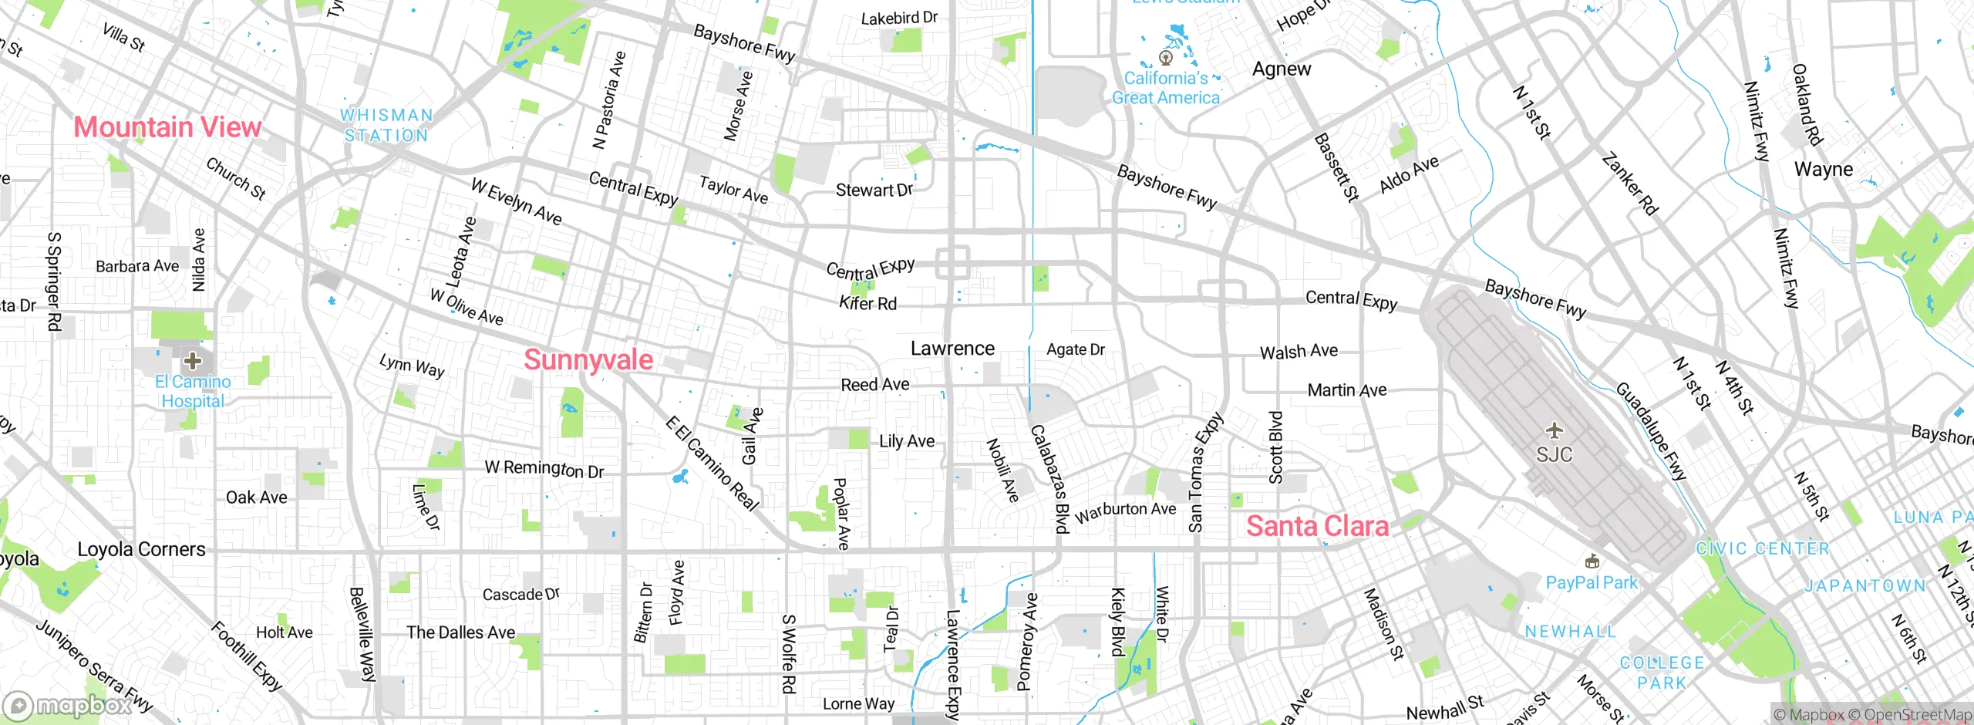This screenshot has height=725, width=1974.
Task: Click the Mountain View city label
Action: [x=167, y=127]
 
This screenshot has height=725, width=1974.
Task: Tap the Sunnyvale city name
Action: [x=588, y=360]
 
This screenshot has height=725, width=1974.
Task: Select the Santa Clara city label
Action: [x=1317, y=527]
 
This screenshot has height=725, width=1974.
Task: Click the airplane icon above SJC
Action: [x=1554, y=430]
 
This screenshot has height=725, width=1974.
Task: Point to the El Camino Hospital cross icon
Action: [x=192, y=360]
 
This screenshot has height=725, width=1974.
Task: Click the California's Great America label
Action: [x=1165, y=88]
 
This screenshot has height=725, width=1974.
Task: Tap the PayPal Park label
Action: [x=1591, y=583]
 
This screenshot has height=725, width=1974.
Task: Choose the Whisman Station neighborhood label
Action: [x=386, y=125]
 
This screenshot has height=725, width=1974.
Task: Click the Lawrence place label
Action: [x=952, y=349]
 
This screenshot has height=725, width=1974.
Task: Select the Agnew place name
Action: [x=1281, y=69]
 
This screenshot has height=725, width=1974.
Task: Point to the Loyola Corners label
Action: [x=142, y=549]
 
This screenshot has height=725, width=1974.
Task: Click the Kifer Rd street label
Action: [x=867, y=304]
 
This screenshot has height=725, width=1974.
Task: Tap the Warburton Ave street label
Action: [x=1126, y=511]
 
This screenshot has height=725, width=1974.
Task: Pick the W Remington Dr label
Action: [x=544, y=468]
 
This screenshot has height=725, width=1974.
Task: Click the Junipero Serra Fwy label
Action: [x=94, y=666]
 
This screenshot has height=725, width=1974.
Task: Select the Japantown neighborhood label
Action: [x=1865, y=586]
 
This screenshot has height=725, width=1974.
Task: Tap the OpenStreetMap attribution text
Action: [x=1917, y=715]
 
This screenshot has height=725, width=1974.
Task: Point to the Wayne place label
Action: [x=1823, y=170]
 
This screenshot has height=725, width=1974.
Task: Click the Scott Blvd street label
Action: [x=1276, y=447]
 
